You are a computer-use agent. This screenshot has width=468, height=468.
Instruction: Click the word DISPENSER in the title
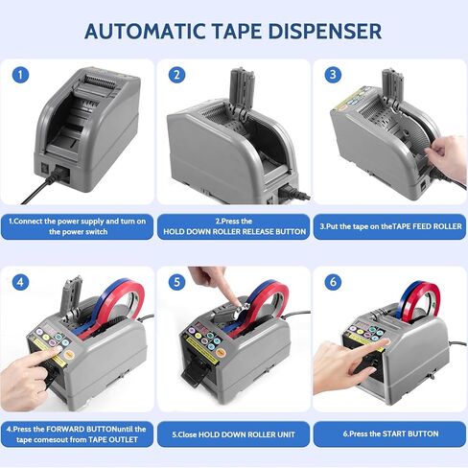pyautogui.click(x=325, y=32)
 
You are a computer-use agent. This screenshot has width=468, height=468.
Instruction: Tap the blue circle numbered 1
pyautogui.click(x=20, y=75)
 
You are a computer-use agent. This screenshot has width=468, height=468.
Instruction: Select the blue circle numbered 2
pyautogui.click(x=176, y=75)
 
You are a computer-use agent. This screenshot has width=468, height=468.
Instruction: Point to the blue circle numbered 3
pyautogui.click(x=333, y=75)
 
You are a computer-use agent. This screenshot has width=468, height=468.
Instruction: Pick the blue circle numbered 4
pyautogui.click(x=20, y=282)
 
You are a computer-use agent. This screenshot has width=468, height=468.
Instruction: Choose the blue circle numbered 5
pyautogui.click(x=176, y=282)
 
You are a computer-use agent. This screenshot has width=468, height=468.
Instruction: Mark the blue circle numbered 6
pyautogui.click(x=333, y=282)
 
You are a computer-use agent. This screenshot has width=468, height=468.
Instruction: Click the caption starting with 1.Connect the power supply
pyautogui.click(x=77, y=226)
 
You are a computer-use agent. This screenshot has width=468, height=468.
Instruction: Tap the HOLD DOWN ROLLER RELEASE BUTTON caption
pyautogui.click(x=234, y=226)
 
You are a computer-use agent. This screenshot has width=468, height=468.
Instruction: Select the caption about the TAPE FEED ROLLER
pyautogui.click(x=389, y=226)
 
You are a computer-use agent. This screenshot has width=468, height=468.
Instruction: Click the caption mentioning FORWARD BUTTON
pyautogui.click(x=77, y=434)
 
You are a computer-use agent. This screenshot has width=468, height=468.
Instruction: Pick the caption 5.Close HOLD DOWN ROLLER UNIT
pyautogui.click(x=234, y=434)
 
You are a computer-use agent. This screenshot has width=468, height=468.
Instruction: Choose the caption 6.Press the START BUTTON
pyautogui.click(x=389, y=433)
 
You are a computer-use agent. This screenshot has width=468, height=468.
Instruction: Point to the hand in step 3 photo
pyautogui.click(x=448, y=156)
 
